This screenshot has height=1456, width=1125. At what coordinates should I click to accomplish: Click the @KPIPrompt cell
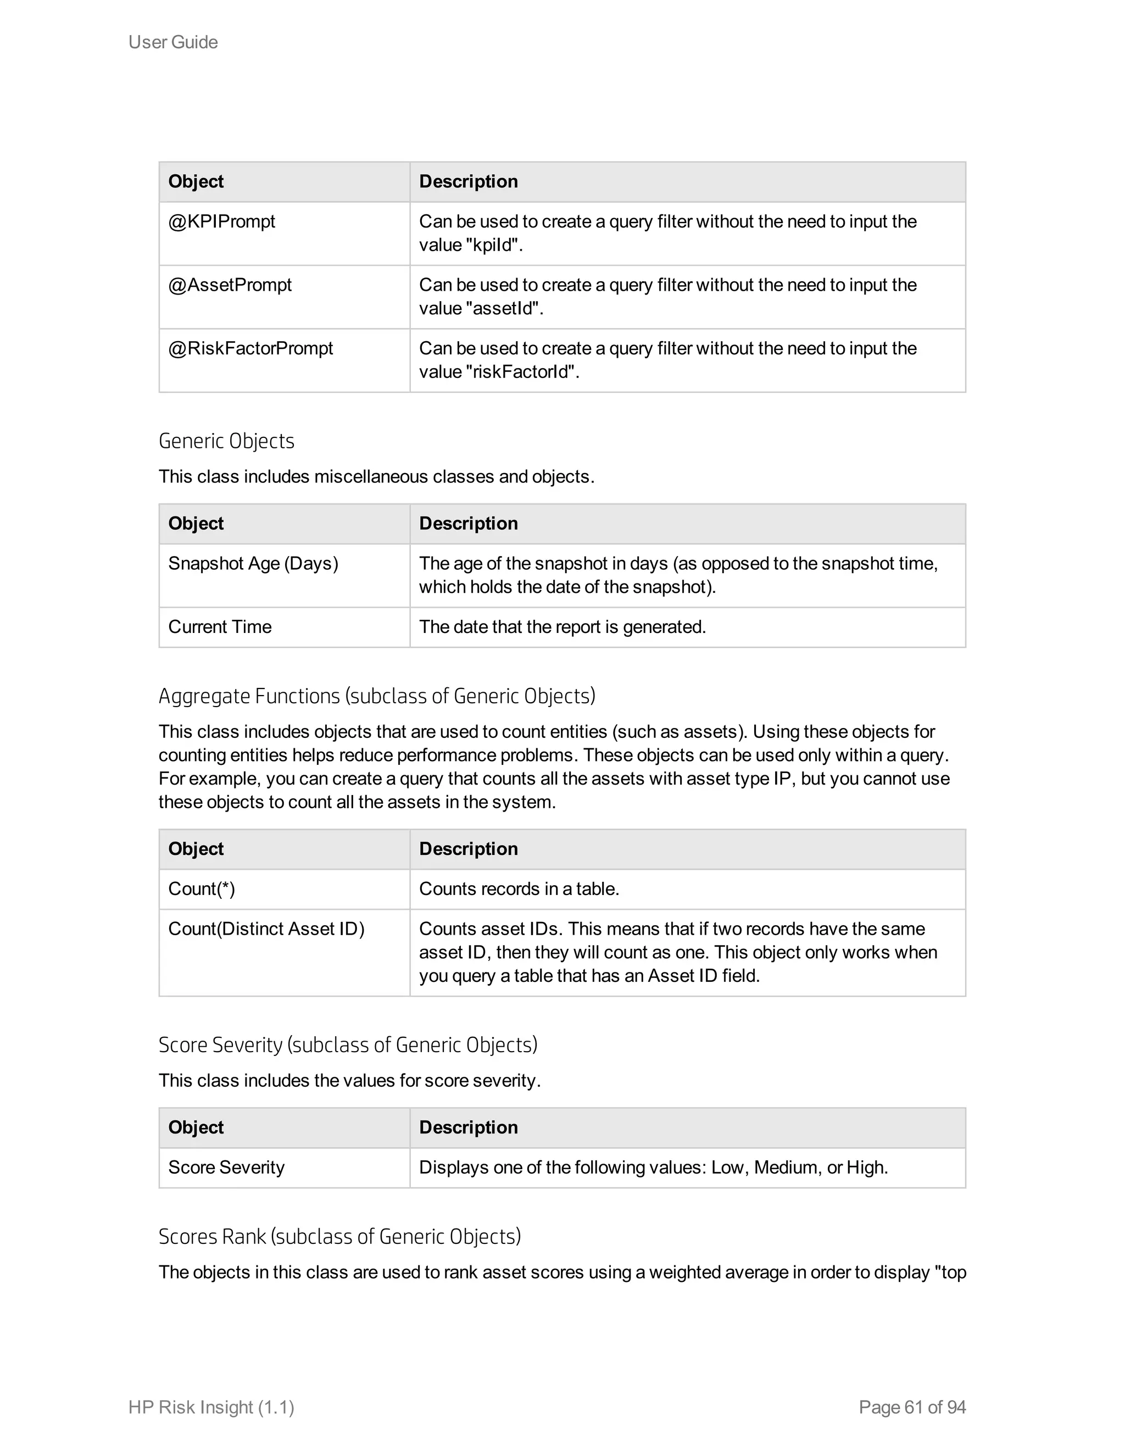pyautogui.click(x=221, y=222)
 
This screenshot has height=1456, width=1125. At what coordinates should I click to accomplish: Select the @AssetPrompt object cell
pyautogui.click(x=230, y=285)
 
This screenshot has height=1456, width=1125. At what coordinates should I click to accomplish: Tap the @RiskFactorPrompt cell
pyautogui.click(x=250, y=349)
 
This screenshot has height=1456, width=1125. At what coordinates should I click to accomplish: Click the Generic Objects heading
pyautogui.click(x=227, y=441)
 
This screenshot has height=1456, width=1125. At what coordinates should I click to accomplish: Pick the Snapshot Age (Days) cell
pyautogui.click(x=253, y=564)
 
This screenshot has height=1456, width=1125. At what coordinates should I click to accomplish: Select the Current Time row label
pyautogui.click(x=220, y=627)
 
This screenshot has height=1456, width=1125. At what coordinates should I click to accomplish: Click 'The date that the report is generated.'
pyautogui.click(x=562, y=627)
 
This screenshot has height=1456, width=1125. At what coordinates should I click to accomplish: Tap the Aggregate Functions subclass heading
pyautogui.click(x=376, y=697)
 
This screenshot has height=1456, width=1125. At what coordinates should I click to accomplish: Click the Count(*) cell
pyautogui.click(x=201, y=890)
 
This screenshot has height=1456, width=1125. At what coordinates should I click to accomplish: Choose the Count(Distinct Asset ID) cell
pyautogui.click(x=266, y=929)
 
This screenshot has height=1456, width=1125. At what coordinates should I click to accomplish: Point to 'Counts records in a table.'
pyautogui.click(x=519, y=890)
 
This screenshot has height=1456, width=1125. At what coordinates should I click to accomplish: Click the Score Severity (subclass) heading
pyautogui.click(x=347, y=1046)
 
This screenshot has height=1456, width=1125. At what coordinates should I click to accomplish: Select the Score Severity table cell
pyautogui.click(x=226, y=1168)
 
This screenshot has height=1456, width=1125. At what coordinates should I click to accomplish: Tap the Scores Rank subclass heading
pyautogui.click(x=339, y=1237)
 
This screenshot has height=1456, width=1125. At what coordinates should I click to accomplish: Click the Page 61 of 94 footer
pyautogui.click(x=912, y=1407)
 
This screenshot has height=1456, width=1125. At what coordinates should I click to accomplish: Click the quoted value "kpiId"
pyautogui.click(x=491, y=246)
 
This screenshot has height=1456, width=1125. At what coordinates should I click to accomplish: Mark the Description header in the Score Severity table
pyautogui.click(x=468, y=1128)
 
